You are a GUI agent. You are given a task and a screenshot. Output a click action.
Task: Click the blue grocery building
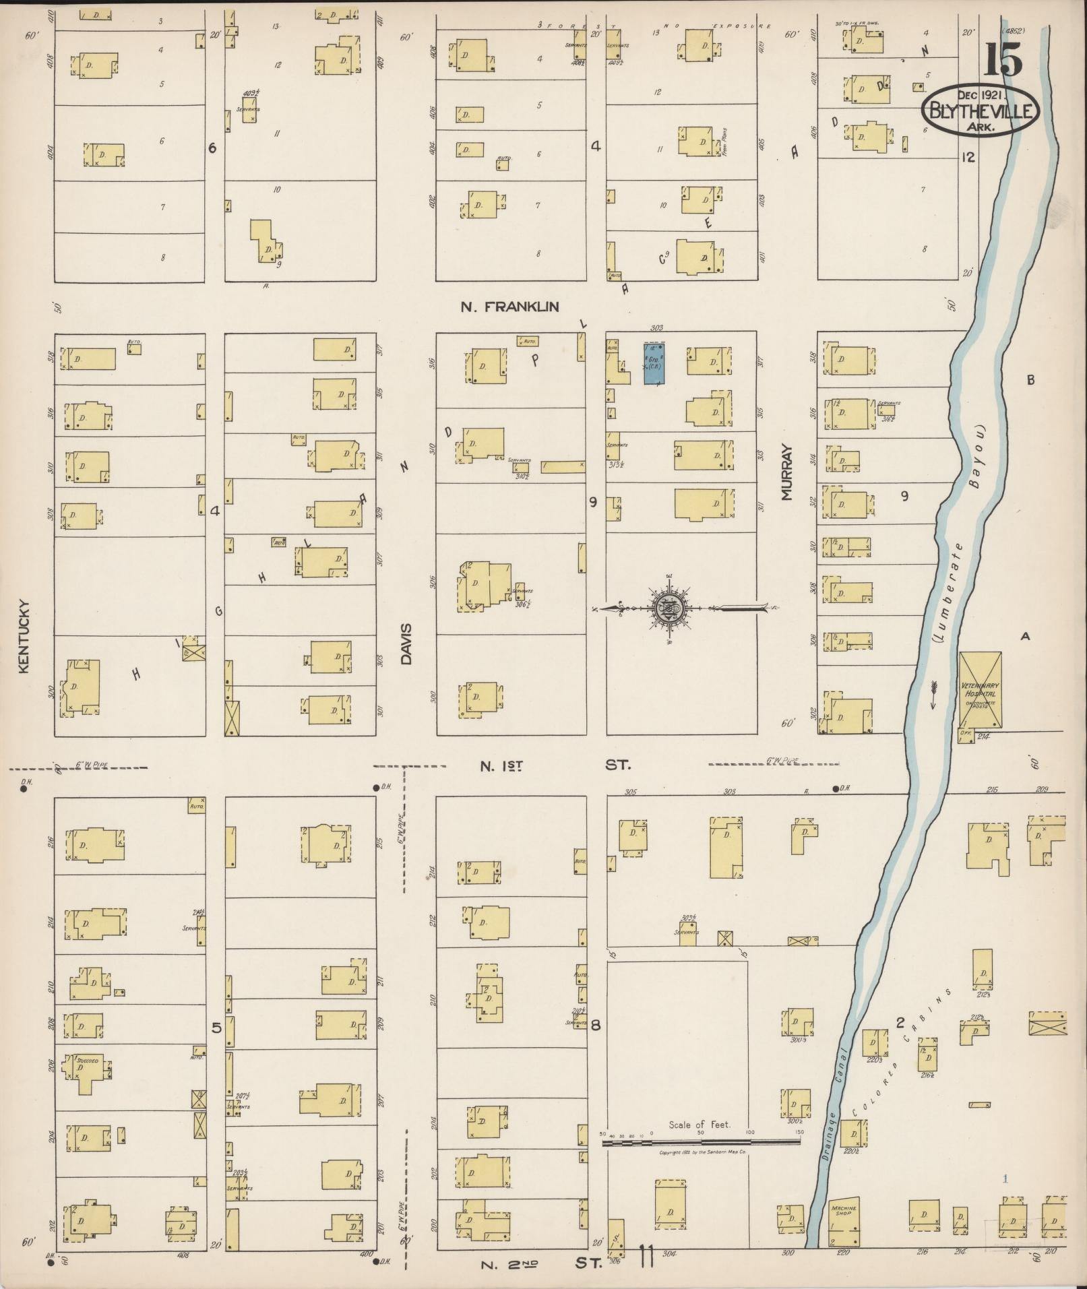(652, 363)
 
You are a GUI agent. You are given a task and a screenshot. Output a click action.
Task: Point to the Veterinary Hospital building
(979, 689)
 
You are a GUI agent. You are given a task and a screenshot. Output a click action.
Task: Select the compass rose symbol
(669, 609)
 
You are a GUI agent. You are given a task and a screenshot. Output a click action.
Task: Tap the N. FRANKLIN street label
(509, 307)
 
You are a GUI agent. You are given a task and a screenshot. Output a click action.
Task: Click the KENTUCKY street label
(25, 635)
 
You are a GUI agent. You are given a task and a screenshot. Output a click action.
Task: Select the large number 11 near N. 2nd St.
(646, 1256)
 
